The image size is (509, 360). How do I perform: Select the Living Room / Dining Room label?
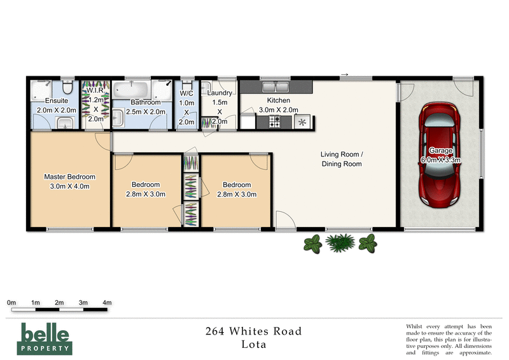(x=340, y=159)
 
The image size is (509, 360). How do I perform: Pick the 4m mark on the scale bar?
(x=107, y=302)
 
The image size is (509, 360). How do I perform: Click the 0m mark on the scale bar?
(x=11, y=302)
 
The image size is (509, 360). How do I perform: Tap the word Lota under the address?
(x=253, y=345)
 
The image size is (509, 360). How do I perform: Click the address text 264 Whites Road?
(x=253, y=331)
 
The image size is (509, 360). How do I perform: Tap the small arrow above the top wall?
(x=345, y=74)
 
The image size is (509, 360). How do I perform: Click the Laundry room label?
(x=220, y=93)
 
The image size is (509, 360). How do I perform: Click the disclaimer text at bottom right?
(x=449, y=339)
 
